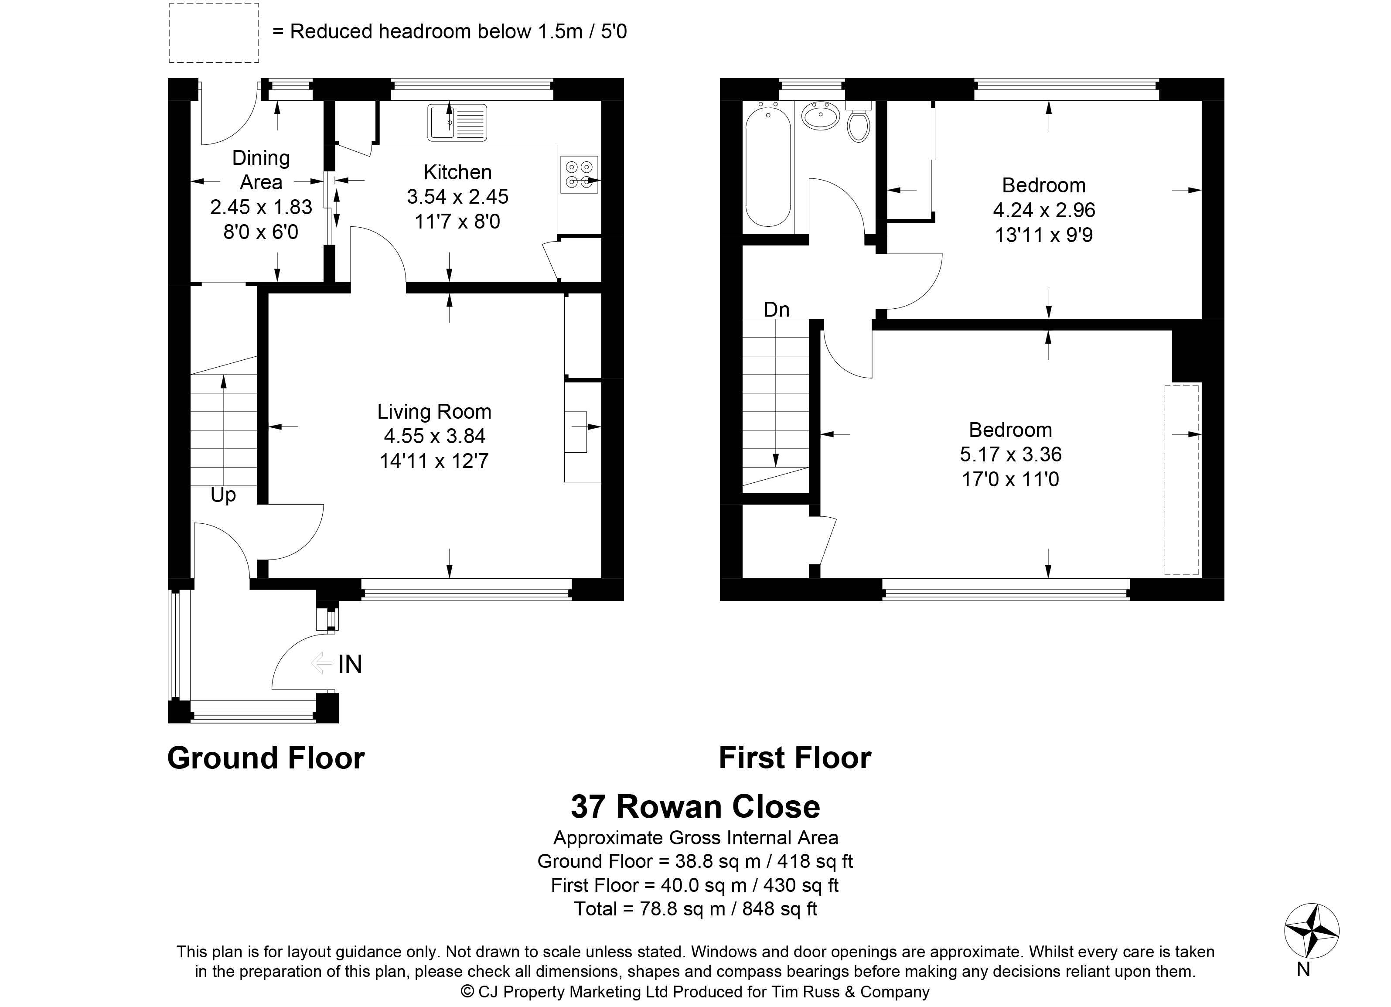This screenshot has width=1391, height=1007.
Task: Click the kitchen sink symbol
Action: click(457, 123)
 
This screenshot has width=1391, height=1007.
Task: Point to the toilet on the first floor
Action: click(858, 122)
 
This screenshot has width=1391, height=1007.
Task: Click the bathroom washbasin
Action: click(821, 115)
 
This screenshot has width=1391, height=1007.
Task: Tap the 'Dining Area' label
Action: click(261, 170)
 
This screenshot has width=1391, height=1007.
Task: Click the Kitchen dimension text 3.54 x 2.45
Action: click(457, 196)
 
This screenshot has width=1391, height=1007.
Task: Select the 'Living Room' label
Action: click(434, 412)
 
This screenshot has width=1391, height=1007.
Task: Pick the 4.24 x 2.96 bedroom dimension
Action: click(1044, 210)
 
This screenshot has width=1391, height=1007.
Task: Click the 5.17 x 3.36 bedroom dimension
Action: click(1010, 454)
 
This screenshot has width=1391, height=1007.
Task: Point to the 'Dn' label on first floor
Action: click(777, 310)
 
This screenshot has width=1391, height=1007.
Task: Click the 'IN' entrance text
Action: click(350, 664)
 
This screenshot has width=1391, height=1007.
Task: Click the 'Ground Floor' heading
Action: click(266, 758)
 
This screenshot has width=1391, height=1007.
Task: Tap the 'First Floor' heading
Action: click(795, 758)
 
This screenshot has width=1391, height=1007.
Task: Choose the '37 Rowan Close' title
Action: click(695, 806)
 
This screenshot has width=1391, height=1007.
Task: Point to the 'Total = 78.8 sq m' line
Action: click(695, 908)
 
